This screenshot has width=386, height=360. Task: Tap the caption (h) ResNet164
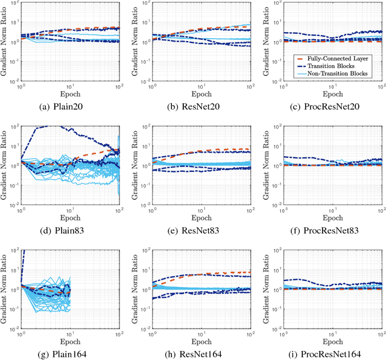click(x=198, y=352)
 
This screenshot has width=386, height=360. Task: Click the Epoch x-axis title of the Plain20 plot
click(x=70, y=93)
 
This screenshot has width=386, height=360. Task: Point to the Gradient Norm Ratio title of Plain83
click(x=5, y=163)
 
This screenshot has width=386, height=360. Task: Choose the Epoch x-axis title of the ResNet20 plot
click(x=198, y=93)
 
